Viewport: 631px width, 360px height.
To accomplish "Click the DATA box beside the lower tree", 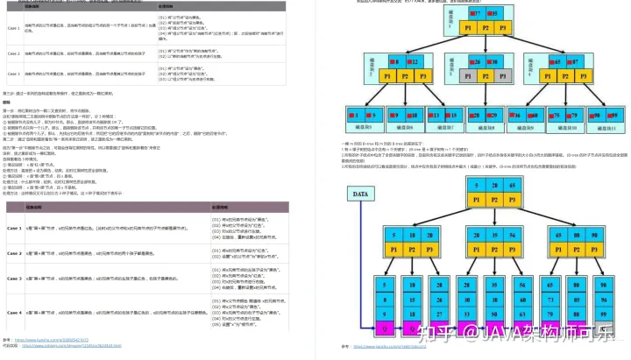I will pyautogui.click(x=359, y=194).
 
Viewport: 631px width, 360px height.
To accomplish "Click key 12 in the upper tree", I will pyautogui.click(x=414, y=62).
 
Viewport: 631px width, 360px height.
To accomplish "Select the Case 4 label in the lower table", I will pyautogui.click(x=13, y=312).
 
